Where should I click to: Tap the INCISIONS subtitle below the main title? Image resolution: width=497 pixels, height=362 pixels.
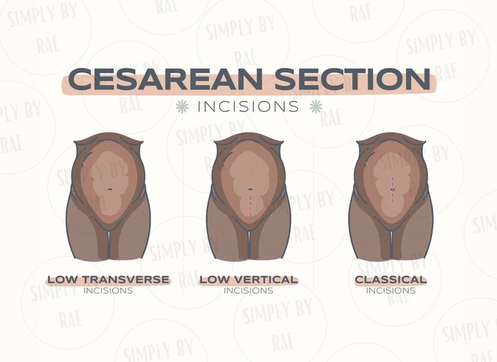point(248,106)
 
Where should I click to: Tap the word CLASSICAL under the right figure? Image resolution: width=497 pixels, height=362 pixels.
point(391,279)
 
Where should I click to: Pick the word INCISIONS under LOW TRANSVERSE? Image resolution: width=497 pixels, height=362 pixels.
point(108,291)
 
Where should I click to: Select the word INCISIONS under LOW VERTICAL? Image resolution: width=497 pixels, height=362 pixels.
point(248,291)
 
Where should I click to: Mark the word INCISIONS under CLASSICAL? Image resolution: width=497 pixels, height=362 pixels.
point(391,291)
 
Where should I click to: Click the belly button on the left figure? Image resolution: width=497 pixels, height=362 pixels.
point(110,189)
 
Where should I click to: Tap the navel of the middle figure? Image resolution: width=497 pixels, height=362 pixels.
point(250,189)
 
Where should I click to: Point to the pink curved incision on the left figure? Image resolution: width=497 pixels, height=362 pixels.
point(110,215)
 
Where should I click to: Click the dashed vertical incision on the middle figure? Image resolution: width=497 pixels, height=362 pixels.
point(250,205)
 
